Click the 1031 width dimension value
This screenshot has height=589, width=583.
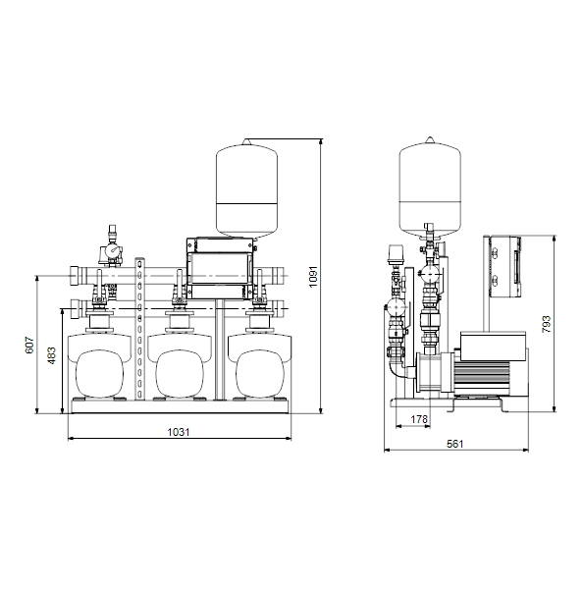179,432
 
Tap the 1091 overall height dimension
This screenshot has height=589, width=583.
313,277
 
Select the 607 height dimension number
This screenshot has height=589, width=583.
29,346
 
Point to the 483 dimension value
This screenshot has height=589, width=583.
51,355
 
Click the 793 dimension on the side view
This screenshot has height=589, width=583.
546,324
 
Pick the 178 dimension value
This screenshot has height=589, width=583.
419,419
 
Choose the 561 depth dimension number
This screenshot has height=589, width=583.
455,444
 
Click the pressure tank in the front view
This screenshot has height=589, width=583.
246,188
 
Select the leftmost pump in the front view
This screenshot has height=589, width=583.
99,366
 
